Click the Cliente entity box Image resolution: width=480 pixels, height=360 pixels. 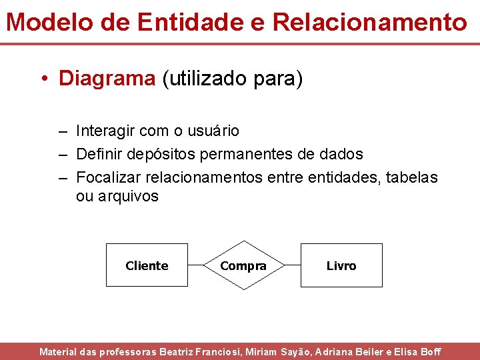click(x=147, y=265)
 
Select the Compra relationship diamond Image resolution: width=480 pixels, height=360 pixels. click(x=243, y=265)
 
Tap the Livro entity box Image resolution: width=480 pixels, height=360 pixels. click(x=341, y=265)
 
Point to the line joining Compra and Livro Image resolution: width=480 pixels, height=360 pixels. click(x=292, y=265)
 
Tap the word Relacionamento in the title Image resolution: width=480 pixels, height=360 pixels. click(x=370, y=22)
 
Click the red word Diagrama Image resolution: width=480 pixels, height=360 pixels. click(x=107, y=79)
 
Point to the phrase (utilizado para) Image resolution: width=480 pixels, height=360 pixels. click(x=232, y=79)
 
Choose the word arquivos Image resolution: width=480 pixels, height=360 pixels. click(x=128, y=196)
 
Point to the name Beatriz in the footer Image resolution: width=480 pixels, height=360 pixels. click(x=180, y=351)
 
